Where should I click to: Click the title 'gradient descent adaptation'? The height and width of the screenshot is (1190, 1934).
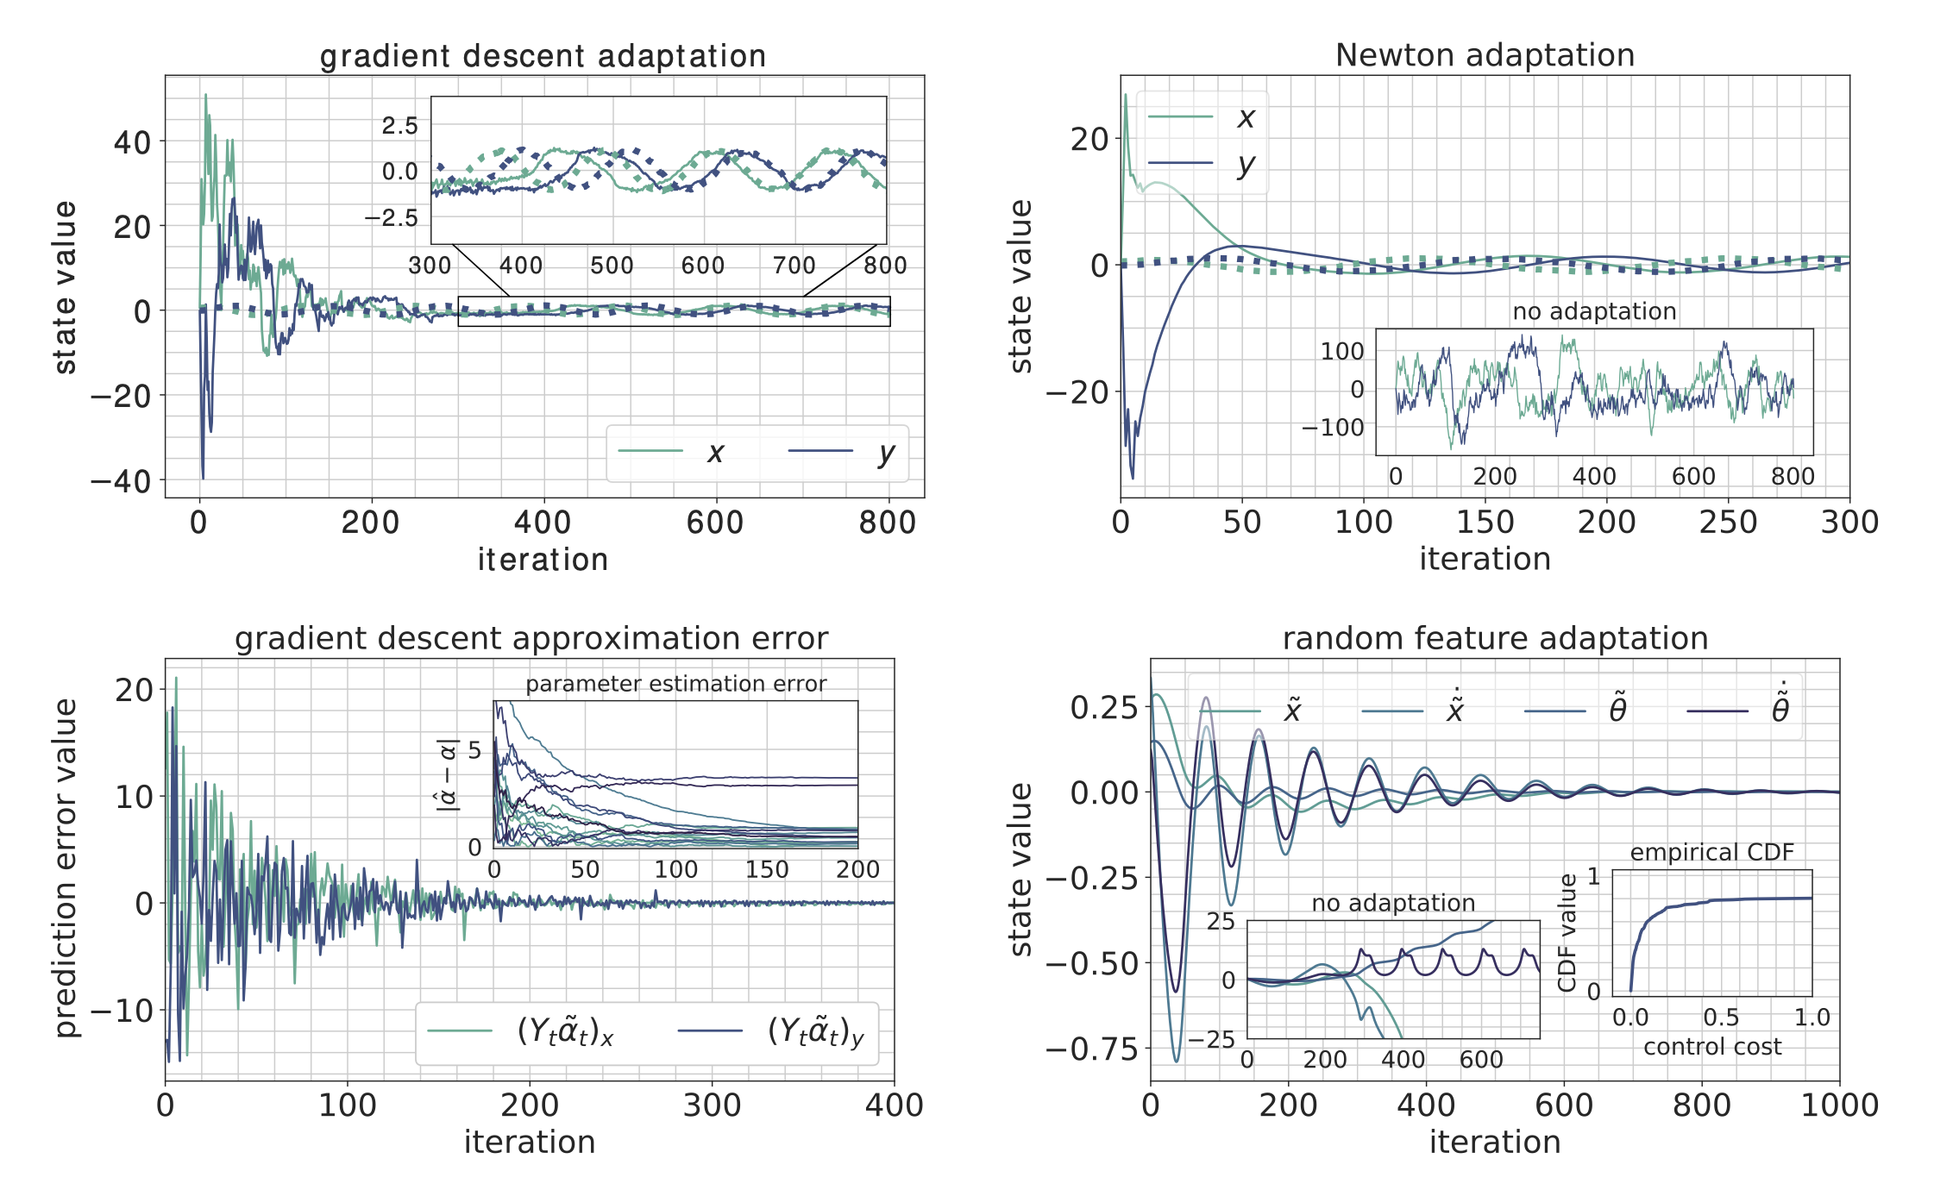[543, 56]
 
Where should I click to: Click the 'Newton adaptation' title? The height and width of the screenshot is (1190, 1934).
[1485, 55]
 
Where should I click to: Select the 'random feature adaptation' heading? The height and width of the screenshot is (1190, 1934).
[1495, 638]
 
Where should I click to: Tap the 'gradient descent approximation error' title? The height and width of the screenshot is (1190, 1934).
[531, 638]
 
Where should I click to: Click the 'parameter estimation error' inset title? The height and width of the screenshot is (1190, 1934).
[675, 684]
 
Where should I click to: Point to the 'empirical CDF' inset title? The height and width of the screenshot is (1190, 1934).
[1711, 852]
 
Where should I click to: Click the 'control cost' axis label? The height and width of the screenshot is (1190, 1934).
[1711, 1047]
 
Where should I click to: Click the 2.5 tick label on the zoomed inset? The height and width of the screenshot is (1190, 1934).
[399, 126]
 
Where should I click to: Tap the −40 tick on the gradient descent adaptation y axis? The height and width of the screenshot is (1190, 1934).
[121, 481]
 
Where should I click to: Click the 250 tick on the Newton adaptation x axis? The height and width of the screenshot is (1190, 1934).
[1728, 522]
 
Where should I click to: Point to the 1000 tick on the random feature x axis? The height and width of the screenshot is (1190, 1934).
[1839, 1105]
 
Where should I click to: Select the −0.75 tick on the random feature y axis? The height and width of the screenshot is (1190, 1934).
[1092, 1049]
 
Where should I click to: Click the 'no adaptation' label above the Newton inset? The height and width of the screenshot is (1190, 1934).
[1594, 311]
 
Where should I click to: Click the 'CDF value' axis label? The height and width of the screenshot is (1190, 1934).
[1567, 932]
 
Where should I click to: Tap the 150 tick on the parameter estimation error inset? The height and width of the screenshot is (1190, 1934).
[766, 869]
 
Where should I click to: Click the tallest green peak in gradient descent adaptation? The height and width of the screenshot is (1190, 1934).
[205, 95]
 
